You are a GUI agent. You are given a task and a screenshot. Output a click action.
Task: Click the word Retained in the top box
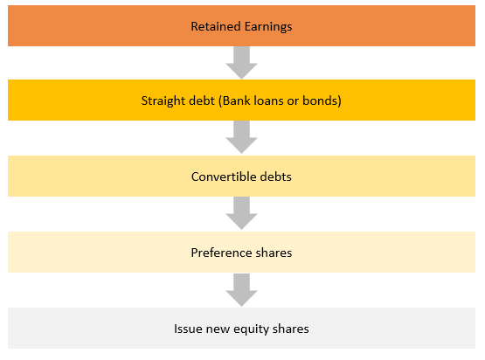(x=216, y=26)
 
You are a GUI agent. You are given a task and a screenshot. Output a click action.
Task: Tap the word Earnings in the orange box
(x=268, y=27)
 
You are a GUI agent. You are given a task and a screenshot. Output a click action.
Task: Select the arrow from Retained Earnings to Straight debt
(x=241, y=63)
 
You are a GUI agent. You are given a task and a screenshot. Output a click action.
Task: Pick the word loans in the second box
(x=269, y=100)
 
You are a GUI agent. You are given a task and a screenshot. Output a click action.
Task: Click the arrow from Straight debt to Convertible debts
(x=241, y=137)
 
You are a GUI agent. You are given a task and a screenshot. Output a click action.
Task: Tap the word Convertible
(x=224, y=177)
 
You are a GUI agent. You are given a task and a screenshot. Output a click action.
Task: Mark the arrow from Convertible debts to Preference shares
(x=241, y=213)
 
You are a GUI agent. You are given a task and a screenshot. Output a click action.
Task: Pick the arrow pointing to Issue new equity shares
(x=241, y=290)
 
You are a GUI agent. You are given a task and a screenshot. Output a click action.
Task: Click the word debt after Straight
(x=201, y=100)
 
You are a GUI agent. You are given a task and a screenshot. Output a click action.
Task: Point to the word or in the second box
(x=293, y=101)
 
